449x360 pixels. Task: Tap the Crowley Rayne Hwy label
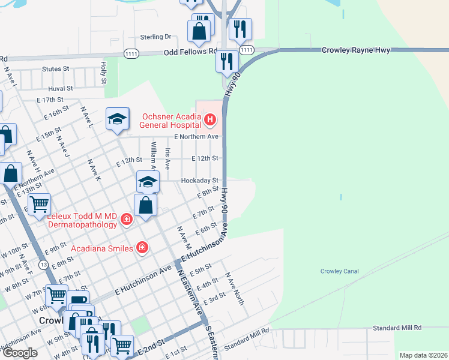coord(356,50)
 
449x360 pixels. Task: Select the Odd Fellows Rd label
coord(190,53)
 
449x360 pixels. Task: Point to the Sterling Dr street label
coord(156,37)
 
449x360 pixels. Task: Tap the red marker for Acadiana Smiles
coord(142,247)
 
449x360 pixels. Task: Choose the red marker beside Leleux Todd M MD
coord(127,220)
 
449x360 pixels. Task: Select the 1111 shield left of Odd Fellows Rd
coord(133,53)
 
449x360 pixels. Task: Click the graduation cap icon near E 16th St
coord(118,118)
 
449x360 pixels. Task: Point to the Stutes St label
coord(56,69)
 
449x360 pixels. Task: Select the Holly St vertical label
coord(104,73)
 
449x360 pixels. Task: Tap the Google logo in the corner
coord(20,353)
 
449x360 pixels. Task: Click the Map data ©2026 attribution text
coord(423,355)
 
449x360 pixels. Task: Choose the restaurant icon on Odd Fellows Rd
coord(227,61)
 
